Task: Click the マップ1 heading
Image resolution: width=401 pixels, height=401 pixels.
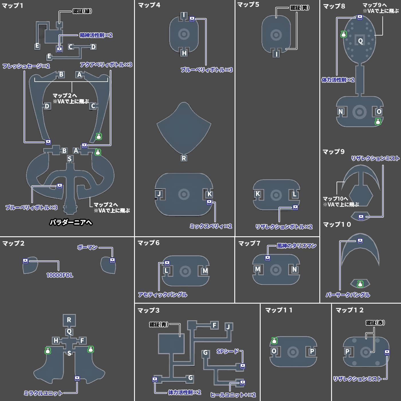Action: pyautogui.click(x=13, y=5)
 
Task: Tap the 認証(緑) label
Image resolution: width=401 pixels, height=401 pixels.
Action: pyautogui.click(x=82, y=11)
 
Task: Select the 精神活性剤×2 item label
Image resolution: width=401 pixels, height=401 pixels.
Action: pyautogui.click(x=96, y=35)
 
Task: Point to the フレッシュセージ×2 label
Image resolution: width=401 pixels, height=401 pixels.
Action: pyautogui.click(x=26, y=66)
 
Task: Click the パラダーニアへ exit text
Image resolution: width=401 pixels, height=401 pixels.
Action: pyautogui.click(x=71, y=222)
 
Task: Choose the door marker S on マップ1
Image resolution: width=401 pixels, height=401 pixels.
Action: pyautogui.click(x=70, y=159)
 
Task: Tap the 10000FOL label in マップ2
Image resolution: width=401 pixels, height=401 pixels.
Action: pyautogui.click(x=60, y=275)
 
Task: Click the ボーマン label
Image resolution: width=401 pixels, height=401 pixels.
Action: pyautogui.click(x=87, y=247)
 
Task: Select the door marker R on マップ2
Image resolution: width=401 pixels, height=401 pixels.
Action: pyautogui.click(x=69, y=320)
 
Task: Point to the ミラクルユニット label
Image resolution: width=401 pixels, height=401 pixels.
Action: pyautogui.click(x=43, y=393)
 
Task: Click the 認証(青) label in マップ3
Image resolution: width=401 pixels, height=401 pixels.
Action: pyautogui.click(x=159, y=325)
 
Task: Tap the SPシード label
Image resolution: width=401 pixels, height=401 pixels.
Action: pyautogui.click(x=227, y=351)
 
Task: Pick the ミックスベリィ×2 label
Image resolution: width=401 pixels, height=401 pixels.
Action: pyautogui.click(x=211, y=226)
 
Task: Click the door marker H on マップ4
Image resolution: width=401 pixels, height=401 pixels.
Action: pyautogui.click(x=184, y=53)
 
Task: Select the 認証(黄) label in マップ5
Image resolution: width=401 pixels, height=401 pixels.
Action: pyautogui.click(x=300, y=8)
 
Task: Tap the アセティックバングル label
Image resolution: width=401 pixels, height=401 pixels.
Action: pyautogui.click(x=162, y=295)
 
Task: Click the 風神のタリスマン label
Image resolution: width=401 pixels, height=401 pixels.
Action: pyautogui.click(x=296, y=246)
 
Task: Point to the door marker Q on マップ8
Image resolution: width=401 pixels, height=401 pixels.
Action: pyautogui.click(x=360, y=41)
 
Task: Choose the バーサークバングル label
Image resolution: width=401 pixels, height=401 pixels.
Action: pyautogui.click(x=347, y=295)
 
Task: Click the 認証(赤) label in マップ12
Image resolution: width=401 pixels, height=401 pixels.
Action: pyautogui.click(x=375, y=323)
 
